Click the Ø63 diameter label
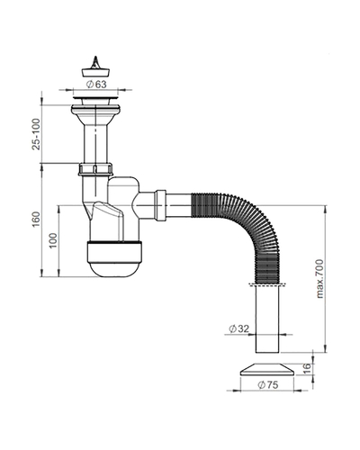[x=96, y=85]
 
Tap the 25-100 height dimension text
[x=36, y=134]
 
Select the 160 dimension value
[x=36, y=220]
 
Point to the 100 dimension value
[x=53, y=240]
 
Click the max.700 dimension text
[x=320, y=279]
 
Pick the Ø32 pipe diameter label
[x=238, y=328]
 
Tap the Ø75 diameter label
[x=268, y=384]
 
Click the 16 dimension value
[x=306, y=367]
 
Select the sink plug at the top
[x=95, y=67]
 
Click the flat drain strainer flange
[x=95, y=98]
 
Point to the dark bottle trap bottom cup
[x=114, y=258]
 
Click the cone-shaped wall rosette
[x=267, y=369]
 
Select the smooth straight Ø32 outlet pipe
[x=267, y=319]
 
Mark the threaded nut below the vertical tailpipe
[x=95, y=169]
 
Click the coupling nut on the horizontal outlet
[x=160, y=205]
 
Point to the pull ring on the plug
[x=95, y=62]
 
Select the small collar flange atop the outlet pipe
[x=266, y=284]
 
